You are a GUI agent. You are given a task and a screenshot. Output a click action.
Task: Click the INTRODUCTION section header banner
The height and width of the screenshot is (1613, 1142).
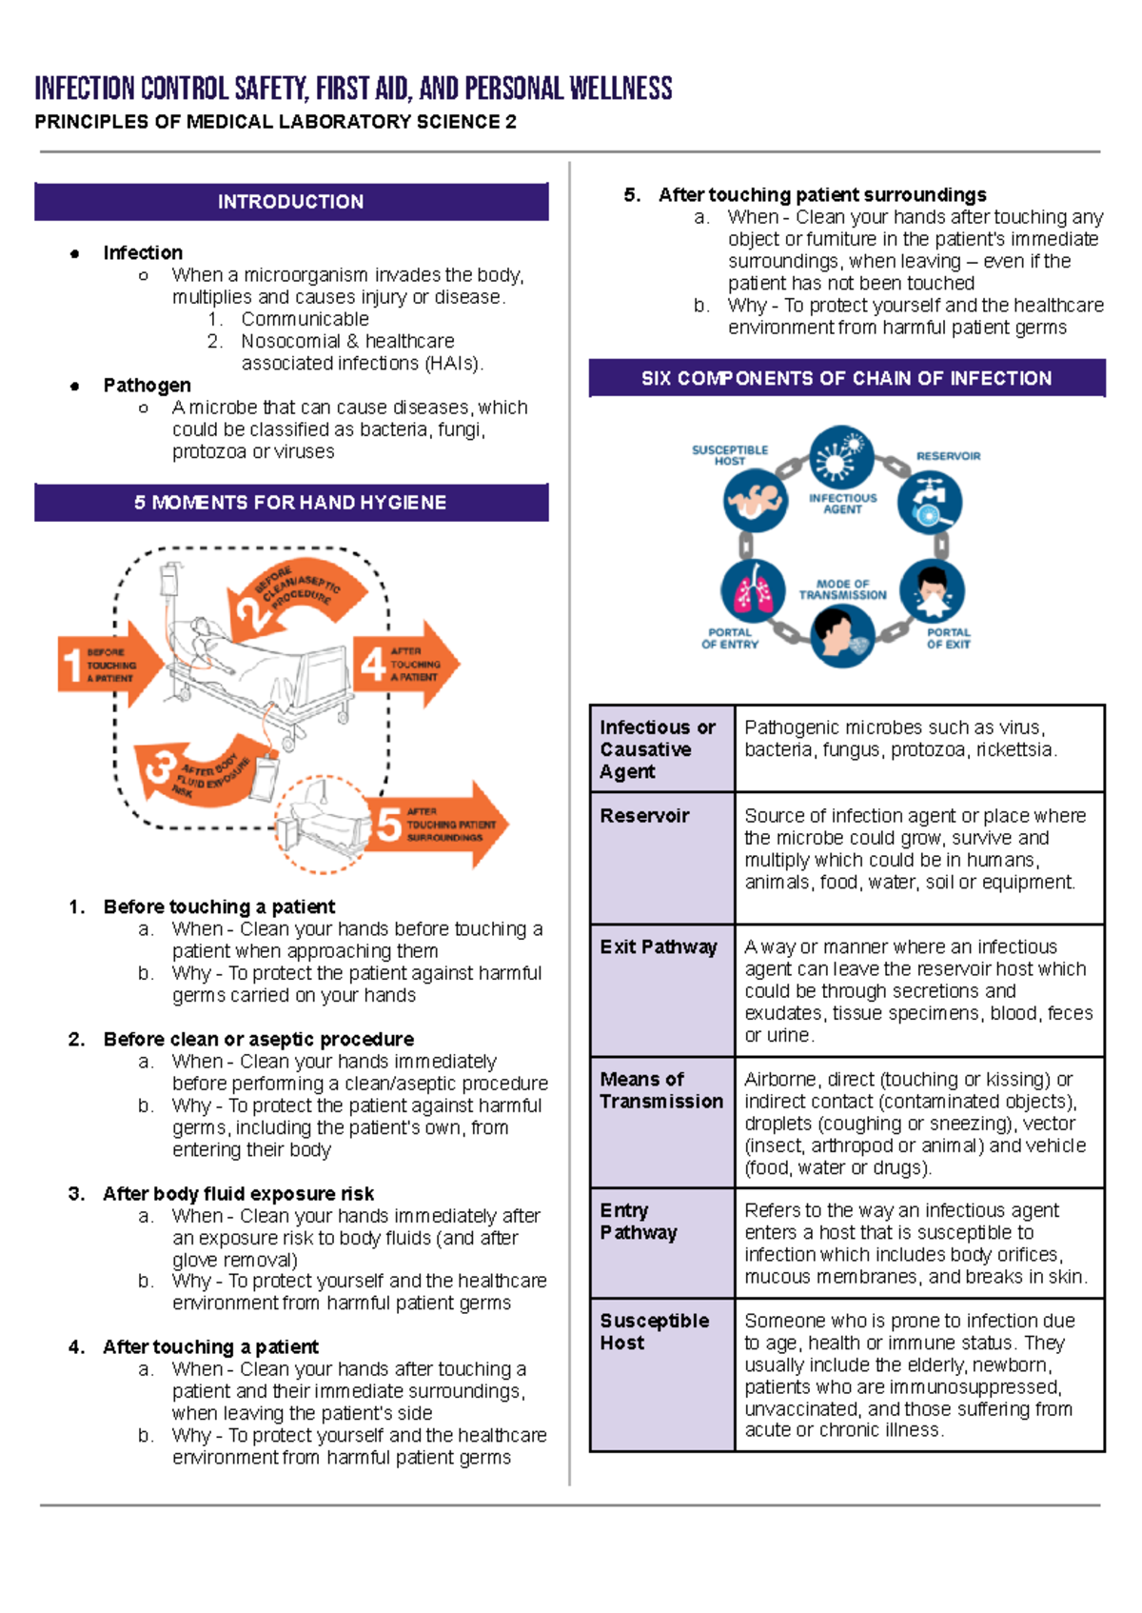[x=291, y=202]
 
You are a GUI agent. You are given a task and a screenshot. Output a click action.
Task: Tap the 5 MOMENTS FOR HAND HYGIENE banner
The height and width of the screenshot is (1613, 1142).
[x=291, y=503]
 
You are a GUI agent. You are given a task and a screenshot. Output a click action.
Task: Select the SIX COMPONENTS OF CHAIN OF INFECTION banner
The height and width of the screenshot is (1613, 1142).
[x=846, y=378]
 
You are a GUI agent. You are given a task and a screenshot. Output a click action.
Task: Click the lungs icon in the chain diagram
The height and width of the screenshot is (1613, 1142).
[x=753, y=590]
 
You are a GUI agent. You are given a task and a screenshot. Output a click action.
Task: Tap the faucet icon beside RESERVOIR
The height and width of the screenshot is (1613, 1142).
[x=929, y=502]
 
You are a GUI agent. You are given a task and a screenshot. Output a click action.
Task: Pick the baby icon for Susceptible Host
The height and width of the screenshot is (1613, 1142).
[x=755, y=500]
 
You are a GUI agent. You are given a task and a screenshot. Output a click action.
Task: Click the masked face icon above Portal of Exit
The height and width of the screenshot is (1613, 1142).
[x=932, y=590]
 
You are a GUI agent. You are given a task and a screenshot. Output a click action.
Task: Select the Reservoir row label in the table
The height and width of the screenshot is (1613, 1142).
[x=645, y=816]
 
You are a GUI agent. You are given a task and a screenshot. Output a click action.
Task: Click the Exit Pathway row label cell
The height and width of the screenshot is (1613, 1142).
[x=659, y=947]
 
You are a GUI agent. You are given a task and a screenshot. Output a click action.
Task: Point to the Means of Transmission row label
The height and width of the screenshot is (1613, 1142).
[x=661, y=1090]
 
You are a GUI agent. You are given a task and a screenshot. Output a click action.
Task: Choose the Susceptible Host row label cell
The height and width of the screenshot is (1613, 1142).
[x=655, y=1332]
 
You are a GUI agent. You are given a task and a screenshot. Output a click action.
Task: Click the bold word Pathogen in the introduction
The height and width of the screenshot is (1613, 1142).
[x=148, y=386]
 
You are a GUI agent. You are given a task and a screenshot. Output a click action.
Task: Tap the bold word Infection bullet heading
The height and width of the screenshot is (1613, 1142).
[x=143, y=253]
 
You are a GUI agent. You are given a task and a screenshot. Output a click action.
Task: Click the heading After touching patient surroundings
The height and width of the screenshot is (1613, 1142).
[x=822, y=195]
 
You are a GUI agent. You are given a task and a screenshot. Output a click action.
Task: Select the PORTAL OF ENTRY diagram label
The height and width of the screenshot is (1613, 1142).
[x=730, y=638]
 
